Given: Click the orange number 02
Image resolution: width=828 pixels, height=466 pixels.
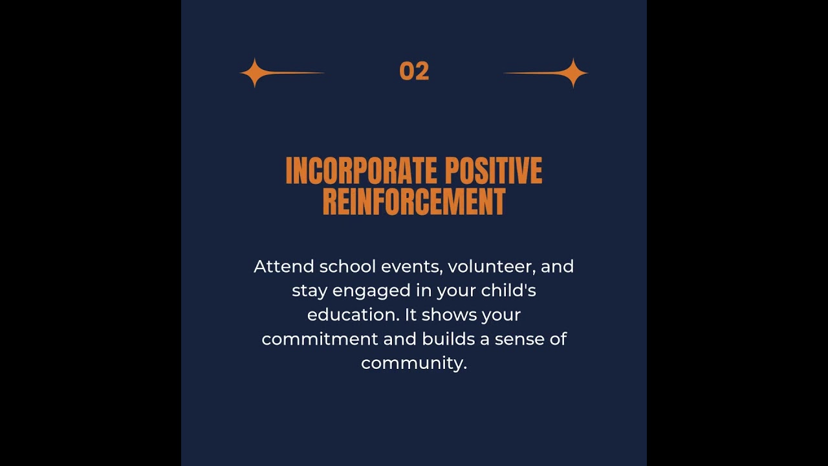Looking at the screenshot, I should point(414,71).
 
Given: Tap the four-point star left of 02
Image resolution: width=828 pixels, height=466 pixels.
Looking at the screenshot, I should point(254,72).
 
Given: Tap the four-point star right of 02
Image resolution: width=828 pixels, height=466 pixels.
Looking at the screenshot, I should point(573,72).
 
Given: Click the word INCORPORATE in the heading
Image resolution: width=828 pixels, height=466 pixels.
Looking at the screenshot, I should point(354,171).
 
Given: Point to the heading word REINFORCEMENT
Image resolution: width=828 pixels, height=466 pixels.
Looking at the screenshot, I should point(414,201).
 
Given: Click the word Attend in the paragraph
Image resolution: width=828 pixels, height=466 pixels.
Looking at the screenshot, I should point(283,267).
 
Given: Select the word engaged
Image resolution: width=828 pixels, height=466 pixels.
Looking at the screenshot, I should point(371,291).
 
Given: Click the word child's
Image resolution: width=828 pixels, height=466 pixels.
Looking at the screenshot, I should point(508,291).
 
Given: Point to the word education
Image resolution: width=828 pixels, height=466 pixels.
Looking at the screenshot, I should point(353,315).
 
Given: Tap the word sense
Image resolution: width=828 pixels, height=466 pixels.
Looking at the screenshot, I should point(519,339).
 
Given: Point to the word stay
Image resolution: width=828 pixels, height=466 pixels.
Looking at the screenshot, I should point(309,291).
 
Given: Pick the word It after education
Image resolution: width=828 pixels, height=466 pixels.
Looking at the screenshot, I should point(411,315).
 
